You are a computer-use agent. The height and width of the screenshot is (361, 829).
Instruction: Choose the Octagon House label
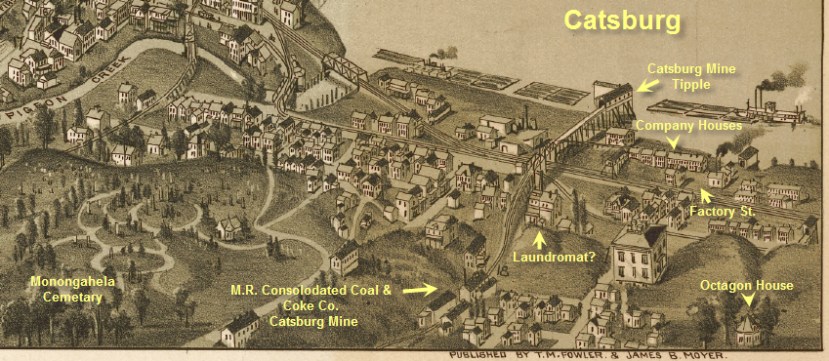coord(746,285)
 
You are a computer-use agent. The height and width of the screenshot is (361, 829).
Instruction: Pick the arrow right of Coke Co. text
coord(418,290)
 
